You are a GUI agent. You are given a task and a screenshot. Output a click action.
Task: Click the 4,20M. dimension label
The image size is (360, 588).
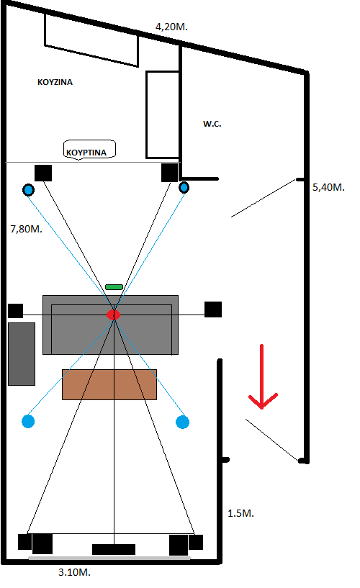coord(171,27)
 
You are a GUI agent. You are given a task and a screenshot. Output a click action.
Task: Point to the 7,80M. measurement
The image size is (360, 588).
coord(25,230)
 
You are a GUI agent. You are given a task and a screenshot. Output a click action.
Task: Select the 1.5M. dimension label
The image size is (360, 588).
coord(240,514)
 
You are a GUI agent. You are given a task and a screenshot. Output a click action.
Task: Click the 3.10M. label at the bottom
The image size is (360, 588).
coord(73,573)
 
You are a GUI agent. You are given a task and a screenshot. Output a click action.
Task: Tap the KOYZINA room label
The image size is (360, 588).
coord(55,82)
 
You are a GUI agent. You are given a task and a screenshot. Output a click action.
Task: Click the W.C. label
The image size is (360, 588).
coord(212,124)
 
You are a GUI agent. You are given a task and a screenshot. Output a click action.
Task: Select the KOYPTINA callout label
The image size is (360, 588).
coord(87,153)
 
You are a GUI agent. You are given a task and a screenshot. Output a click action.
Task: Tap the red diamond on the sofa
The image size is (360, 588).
coord(113,315)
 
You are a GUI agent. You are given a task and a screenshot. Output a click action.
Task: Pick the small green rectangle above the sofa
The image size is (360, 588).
coord(114,287)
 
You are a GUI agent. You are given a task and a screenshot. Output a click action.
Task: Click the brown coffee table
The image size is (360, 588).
coord(109,384)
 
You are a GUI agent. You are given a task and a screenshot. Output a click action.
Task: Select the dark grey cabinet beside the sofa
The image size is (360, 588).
coord(22,353)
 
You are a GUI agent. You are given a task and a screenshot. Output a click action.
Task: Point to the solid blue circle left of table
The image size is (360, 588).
coord(29,420)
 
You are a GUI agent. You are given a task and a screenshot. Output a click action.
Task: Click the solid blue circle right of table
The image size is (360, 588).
coord(182,421)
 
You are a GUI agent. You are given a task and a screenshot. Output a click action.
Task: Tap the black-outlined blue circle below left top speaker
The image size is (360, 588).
coord(28,190)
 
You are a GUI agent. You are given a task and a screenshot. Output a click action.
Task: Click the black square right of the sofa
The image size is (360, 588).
coord(213,309)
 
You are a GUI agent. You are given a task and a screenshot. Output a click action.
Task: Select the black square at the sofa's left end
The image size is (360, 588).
coord(15,311)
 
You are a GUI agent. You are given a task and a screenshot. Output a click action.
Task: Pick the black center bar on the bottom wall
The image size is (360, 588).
coord(114,549)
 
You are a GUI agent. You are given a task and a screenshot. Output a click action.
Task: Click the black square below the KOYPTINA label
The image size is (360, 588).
coord(43,173)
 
